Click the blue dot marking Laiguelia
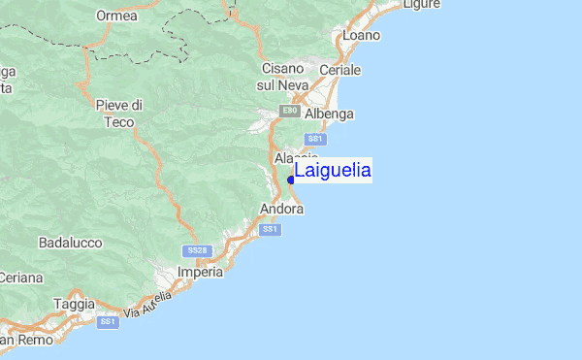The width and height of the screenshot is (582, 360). coord(291,180)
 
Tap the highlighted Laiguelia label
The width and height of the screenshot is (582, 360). coord(333,171)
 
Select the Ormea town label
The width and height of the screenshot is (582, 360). coord(116,16)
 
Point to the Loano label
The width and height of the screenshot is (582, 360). coord(362,35)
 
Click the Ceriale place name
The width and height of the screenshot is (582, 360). coord(339,71)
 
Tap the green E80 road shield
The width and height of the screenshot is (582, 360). coord(289,112)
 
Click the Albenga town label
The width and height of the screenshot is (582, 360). coord(330,114)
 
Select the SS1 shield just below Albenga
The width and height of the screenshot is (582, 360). coord(314,139)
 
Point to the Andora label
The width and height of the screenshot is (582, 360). coord(282,209)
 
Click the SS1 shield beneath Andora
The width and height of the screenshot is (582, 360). coord(271,229)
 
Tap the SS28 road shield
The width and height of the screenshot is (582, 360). coord(197,250)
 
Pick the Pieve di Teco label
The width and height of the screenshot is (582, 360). coord(120,113)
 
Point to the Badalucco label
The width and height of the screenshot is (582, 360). coord(70,242)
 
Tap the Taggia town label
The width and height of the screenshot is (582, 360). coord(74,303)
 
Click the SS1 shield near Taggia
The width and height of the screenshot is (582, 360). coord(108,321)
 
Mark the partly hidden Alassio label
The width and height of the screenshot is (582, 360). coord(296,157)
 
